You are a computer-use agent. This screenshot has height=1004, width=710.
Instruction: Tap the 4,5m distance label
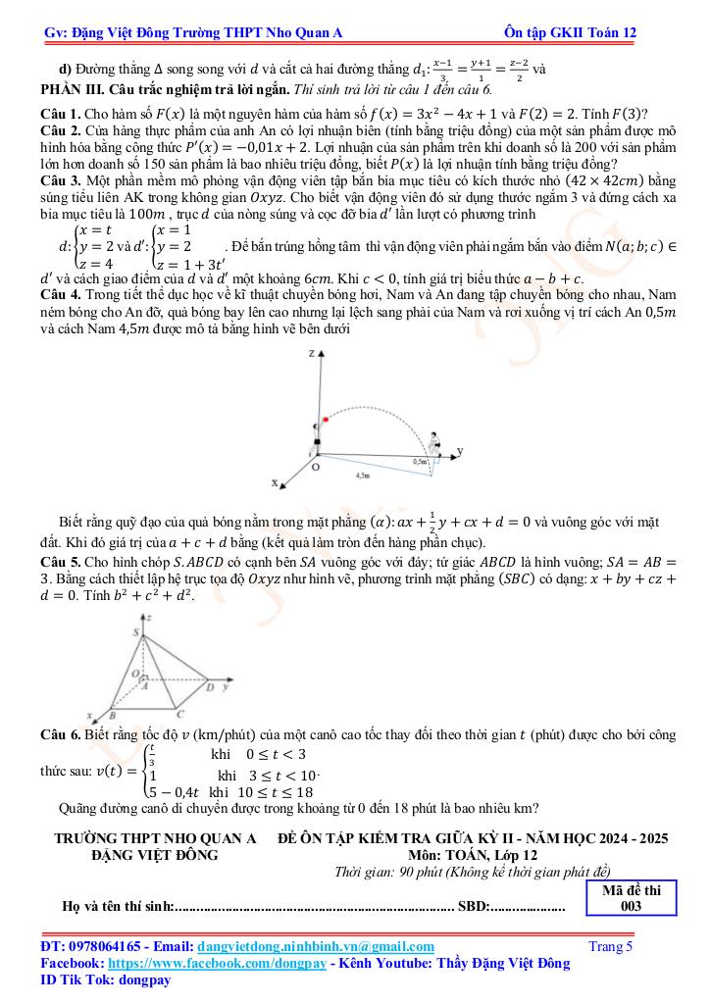(x=362, y=475)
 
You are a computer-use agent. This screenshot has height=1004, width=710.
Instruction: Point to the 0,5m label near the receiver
(x=421, y=460)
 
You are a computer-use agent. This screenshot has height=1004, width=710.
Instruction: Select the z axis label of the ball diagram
(x=311, y=351)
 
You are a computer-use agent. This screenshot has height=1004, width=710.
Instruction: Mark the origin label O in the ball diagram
(x=315, y=470)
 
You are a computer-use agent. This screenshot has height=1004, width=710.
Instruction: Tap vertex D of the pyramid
(x=209, y=687)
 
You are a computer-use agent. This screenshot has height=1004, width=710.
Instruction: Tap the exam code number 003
(x=632, y=907)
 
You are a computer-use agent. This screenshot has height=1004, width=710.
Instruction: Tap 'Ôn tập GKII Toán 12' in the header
(x=568, y=32)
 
